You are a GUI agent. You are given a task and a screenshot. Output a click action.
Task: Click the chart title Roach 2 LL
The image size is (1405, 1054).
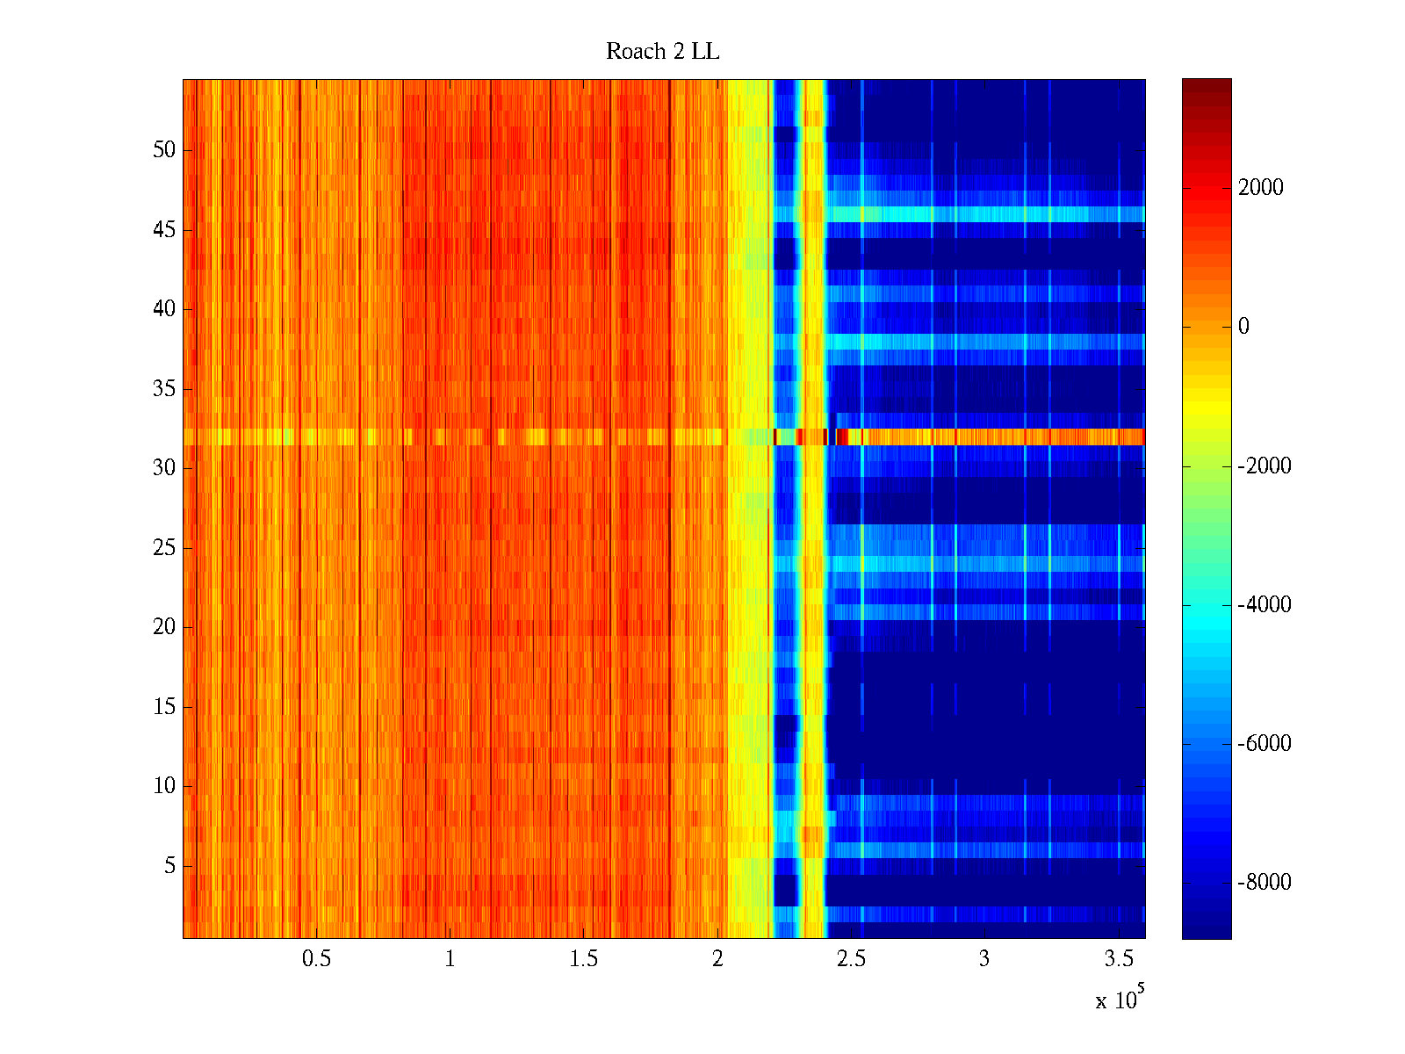click(x=662, y=52)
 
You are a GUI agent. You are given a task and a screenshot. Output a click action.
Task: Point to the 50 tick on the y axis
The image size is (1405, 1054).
click(x=164, y=150)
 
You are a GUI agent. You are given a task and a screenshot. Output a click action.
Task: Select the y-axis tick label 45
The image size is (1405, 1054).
click(x=164, y=230)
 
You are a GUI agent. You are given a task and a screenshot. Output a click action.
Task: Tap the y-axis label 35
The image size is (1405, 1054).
click(x=164, y=389)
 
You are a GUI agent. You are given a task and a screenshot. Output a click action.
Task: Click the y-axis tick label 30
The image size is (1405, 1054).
click(x=164, y=468)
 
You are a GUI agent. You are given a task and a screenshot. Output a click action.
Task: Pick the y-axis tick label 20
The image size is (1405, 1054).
click(x=164, y=627)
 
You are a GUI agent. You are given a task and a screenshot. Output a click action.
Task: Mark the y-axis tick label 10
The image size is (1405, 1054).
click(x=164, y=786)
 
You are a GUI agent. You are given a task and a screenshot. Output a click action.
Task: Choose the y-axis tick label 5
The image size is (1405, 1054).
click(x=169, y=866)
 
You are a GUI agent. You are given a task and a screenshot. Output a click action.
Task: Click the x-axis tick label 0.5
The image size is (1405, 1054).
click(x=316, y=959)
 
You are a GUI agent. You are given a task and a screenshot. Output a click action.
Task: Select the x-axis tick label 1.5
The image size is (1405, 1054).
click(x=583, y=959)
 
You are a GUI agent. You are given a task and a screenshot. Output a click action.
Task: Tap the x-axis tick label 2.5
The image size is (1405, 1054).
click(x=851, y=959)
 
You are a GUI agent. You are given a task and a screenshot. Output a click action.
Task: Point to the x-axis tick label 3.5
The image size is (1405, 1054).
click(x=1118, y=959)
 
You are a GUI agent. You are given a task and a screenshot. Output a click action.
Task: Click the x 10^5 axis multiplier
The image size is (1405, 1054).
click(x=1119, y=999)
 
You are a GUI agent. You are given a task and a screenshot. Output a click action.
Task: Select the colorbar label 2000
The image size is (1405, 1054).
click(x=1260, y=187)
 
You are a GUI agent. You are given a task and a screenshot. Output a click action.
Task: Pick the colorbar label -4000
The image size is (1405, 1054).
click(x=1264, y=605)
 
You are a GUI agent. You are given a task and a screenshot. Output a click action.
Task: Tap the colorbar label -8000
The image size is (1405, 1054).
click(x=1264, y=883)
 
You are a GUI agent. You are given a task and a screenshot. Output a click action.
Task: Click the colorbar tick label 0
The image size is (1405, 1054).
click(x=1243, y=327)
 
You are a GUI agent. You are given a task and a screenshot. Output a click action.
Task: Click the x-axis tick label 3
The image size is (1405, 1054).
click(x=984, y=959)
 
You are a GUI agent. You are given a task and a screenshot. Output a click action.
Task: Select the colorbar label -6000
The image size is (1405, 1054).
click(x=1264, y=744)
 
